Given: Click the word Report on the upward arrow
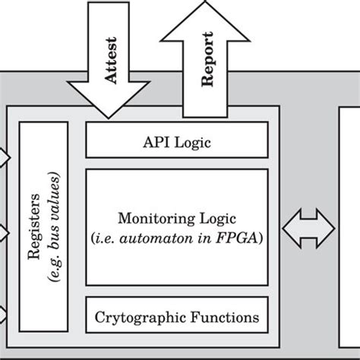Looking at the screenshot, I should click(207, 68).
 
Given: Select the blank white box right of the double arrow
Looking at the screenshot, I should click(349, 228).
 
